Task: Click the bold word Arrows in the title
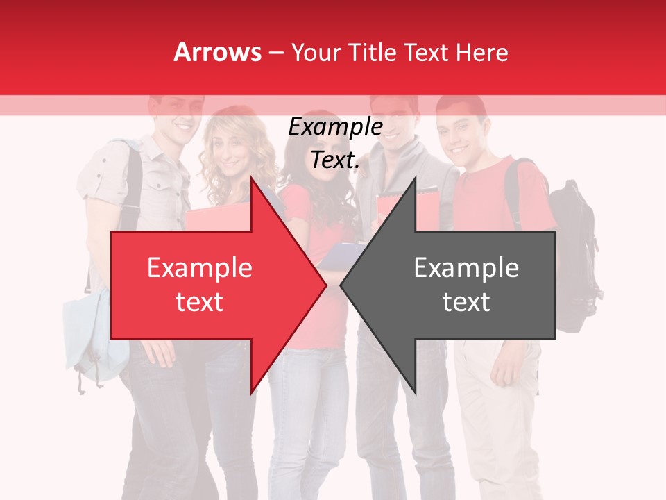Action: [218, 52]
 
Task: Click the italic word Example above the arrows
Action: [335, 127]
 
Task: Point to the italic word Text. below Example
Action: [335, 160]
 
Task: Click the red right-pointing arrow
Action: [208, 285]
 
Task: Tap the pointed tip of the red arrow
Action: [324, 285]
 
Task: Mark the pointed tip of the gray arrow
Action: [343, 285]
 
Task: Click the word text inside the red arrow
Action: [199, 302]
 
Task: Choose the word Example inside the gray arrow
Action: [466, 267]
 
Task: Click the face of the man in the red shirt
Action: [461, 132]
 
